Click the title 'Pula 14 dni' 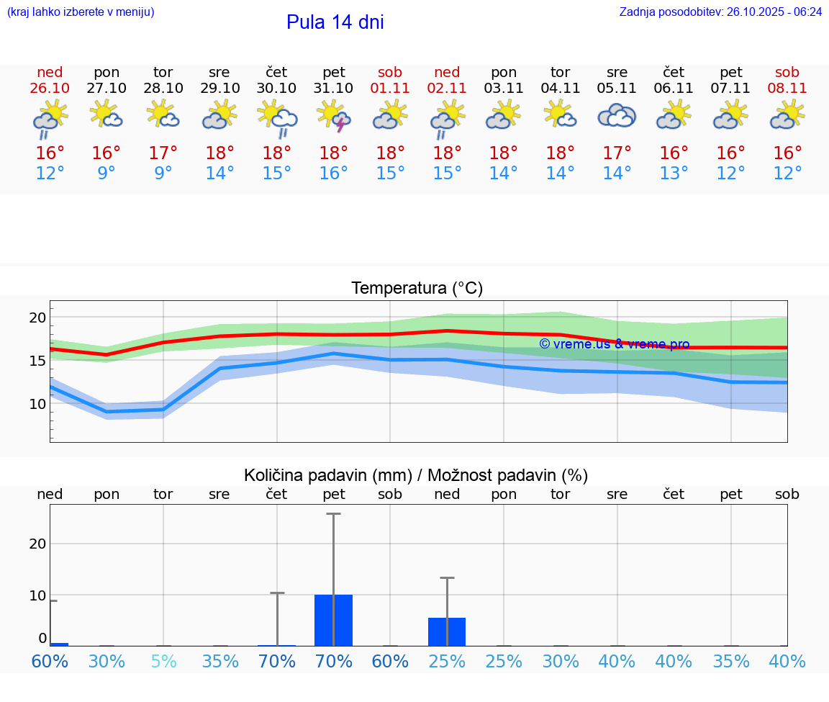tap(335, 22)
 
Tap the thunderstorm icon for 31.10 tap(333, 116)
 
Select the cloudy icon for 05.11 tap(617, 116)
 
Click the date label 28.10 tap(163, 88)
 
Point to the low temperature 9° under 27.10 tap(107, 174)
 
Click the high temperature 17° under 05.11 tap(617, 153)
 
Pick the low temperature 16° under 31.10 tap(333, 174)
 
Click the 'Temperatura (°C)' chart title tap(417, 288)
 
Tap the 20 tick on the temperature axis tap(37, 318)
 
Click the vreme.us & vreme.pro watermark tap(614, 344)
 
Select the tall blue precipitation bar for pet tap(333, 620)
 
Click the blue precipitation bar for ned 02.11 tap(447, 631)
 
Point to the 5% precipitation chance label tap(163, 661)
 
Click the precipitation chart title tap(416, 475)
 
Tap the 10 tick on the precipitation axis tap(37, 595)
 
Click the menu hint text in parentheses tap(81, 12)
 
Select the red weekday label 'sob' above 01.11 tap(390, 72)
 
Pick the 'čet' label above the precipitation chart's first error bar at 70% tap(277, 494)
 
